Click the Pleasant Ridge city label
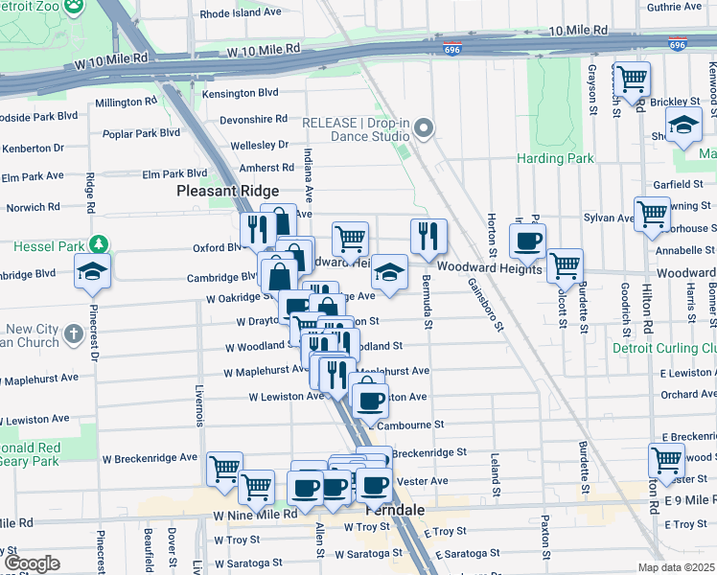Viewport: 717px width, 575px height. click(227, 192)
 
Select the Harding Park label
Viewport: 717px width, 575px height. click(555, 158)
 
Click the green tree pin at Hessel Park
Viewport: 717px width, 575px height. click(96, 245)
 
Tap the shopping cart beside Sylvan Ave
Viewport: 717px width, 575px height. click(652, 213)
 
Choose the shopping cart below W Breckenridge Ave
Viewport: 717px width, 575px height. click(224, 469)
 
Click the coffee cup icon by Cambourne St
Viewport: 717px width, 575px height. click(369, 400)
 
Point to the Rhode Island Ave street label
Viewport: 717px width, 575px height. click(241, 14)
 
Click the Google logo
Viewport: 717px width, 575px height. click(32, 563)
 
